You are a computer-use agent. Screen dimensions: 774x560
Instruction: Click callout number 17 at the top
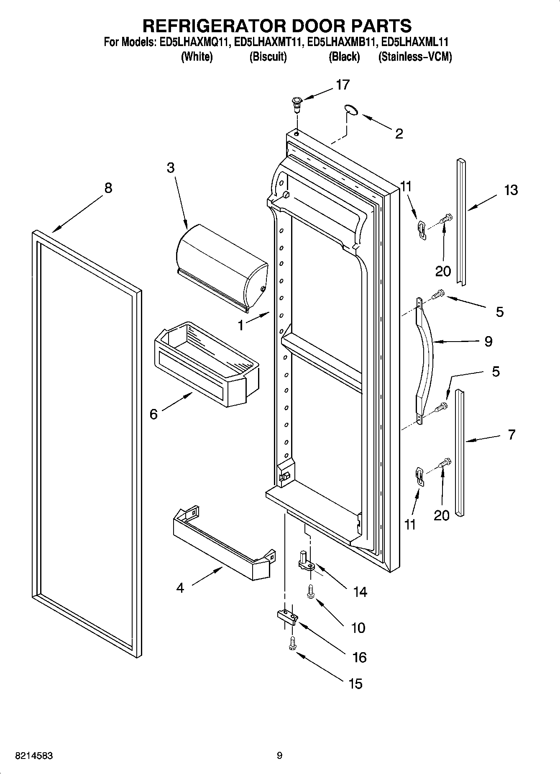pos(343,85)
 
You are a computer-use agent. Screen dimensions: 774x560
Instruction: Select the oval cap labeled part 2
pos(352,110)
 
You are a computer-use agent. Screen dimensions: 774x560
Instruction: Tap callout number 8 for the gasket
pos(108,188)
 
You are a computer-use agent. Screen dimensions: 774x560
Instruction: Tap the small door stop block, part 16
pos(287,617)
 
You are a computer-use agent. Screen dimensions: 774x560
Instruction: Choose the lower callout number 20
pos(442,515)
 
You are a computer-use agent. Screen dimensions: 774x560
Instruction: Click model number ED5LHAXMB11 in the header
pos(343,42)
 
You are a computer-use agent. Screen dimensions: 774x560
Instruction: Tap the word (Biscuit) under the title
pos(268,57)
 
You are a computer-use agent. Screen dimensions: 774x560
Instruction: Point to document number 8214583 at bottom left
pos(34,756)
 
